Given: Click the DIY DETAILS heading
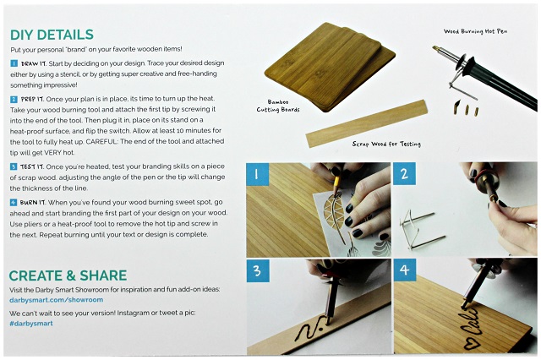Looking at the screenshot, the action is [52, 35].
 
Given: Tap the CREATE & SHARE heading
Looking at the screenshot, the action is [68, 275].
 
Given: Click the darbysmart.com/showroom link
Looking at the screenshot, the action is [57, 300].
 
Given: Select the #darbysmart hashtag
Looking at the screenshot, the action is [31, 324].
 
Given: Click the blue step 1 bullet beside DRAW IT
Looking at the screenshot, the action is [14, 63].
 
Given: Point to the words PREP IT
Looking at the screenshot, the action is [32, 100].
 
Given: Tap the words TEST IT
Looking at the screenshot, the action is [32, 166].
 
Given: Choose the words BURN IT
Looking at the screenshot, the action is [32, 203].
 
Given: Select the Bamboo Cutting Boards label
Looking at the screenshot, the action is [278, 106].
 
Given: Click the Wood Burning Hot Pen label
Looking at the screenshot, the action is [475, 31].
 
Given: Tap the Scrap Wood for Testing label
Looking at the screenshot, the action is [386, 144].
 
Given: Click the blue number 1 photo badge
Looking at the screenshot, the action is [257, 174].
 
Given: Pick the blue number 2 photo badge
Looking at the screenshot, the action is [404, 173].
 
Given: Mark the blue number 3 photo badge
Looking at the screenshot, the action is [258, 270].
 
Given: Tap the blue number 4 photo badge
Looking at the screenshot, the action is [405, 270].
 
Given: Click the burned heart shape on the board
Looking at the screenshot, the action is [467, 343].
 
